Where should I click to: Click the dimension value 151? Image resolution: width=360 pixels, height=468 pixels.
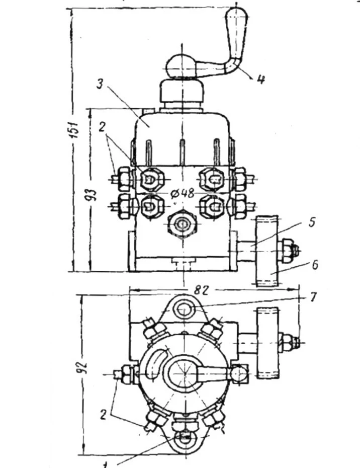coord(74,133)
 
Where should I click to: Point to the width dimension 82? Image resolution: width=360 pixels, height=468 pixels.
coord(199,290)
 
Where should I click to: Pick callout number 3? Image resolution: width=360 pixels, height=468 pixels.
coord(100,84)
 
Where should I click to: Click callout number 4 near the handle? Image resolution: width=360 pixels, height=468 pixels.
coord(260,79)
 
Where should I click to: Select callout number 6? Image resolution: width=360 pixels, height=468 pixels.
coord(314,264)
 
